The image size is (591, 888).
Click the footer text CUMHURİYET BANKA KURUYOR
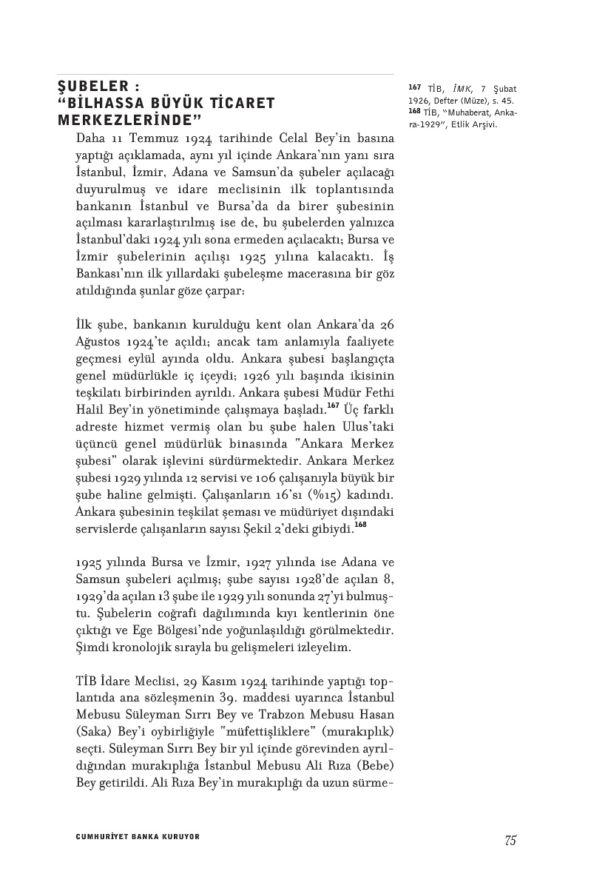pos(138,837)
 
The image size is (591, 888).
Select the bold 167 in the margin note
pos(413,88)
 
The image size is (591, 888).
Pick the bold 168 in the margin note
pos(413,111)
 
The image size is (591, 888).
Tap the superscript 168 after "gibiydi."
pos(360,525)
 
